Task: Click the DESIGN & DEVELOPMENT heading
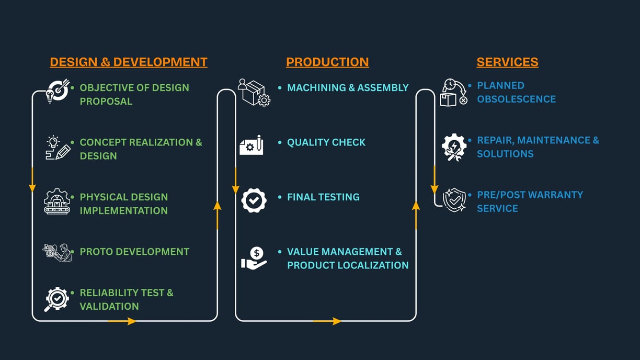click(x=129, y=62)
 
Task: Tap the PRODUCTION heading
click(x=327, y=62)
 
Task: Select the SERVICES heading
click(x=507, y=62)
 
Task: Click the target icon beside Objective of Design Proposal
click(x=58, y=91)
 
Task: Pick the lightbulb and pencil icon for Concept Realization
click(x=58, y=148)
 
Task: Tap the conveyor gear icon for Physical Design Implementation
click(x=57, y=201)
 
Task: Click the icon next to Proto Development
click(x=57, y=253)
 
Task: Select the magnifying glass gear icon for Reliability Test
click(x=56, y=299)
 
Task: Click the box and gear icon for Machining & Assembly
click(x=254, y=93)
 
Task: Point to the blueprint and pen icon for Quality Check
click(x=252, y=145)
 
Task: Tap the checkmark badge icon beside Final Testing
click(x=254, y=200)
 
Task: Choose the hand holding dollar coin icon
click(x=254, y=258)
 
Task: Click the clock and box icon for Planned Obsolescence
click(x=454, y=93)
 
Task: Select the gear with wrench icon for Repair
click(x=454, y=147)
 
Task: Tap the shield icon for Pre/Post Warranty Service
click(x=454, y=200)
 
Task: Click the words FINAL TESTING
click(x=323, y=197)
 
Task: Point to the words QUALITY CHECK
click(x=326, y=142)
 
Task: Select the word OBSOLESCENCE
click(x=516, y=99)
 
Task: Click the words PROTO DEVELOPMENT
click(x=134, y=252)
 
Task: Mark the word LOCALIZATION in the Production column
click(x=373, y=265)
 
